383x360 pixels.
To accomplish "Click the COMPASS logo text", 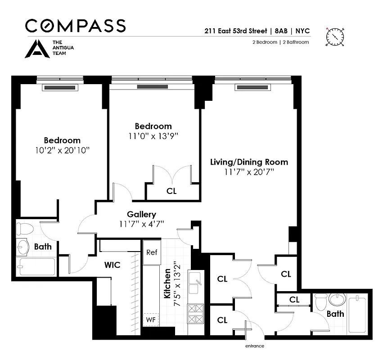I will pyautogui.click(x=75, y=26).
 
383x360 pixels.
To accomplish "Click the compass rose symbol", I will pyautogui.click(x=335, y=36).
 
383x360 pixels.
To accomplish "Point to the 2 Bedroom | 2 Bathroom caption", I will pyautogui.click(x=280, y=42).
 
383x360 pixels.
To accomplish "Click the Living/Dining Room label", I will pyautogui.click(x=249, y=162).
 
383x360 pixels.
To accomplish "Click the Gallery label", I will pyautogui.click(x=141, y=215).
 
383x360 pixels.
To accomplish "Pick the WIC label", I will pyautogui.click(x=112, y=265).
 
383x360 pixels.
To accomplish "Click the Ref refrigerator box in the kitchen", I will pyautogui.click(x=152, y=252).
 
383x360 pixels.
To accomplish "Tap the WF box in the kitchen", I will pyautogui.click(x=150, y=320).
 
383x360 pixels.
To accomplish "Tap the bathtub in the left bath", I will pyautogui.click(x=36, y=266).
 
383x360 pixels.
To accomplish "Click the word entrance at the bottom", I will pyautogui.click(x=254, y=346).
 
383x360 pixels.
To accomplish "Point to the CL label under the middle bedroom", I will pyautogui.click(x=171, y=191).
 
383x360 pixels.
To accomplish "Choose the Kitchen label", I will pyautogui.click(x=167, y=284).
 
